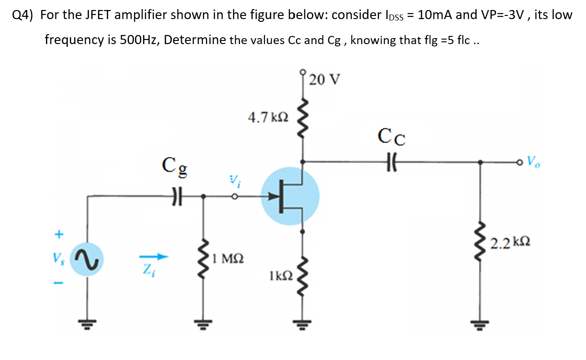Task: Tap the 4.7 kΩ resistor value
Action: coord(268,118)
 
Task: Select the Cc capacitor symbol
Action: coord(392,161)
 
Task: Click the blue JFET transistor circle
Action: coord(290,196)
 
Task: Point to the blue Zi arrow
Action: coord(154,258)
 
